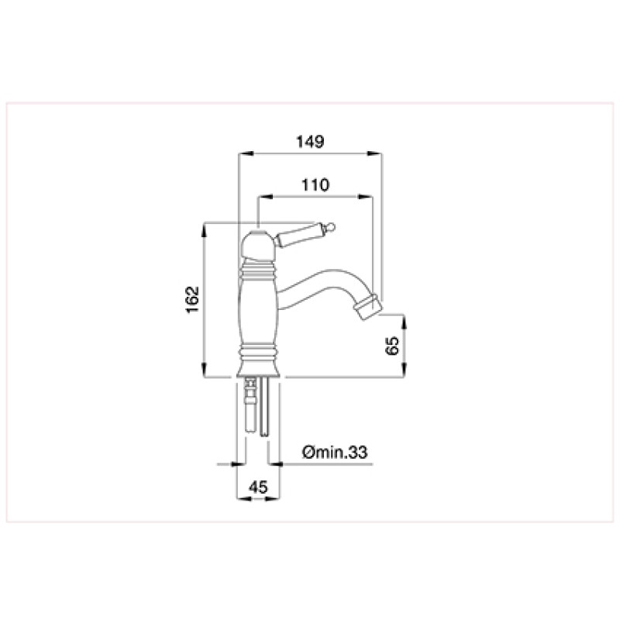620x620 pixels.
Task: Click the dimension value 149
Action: pyautogui.click(x=311, y=141)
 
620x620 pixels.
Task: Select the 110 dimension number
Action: pyautogui.click(x=315, y=184)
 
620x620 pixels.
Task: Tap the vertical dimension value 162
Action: pyautogui.click(x=192, y=299)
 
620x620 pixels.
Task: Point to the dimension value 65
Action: pyautogui.click(x=392, y=346)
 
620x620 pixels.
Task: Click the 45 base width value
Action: pyautogui.click(x=258, y=487)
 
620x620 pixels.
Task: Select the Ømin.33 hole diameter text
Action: pyautogui.click(x=335, y=452)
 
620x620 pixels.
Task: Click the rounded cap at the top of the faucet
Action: pyautogui.click(x=257, y=244)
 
